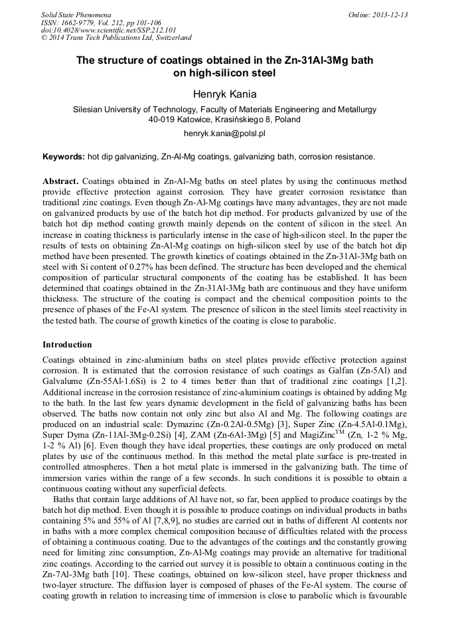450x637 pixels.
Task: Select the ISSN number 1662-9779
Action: tap(79, 23)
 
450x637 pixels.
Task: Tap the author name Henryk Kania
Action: tap(224, 94)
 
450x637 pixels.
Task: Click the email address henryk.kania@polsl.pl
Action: tap(224, 134)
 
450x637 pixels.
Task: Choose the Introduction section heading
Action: tap(67, 345)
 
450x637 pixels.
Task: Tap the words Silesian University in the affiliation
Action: tap(109, 109)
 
